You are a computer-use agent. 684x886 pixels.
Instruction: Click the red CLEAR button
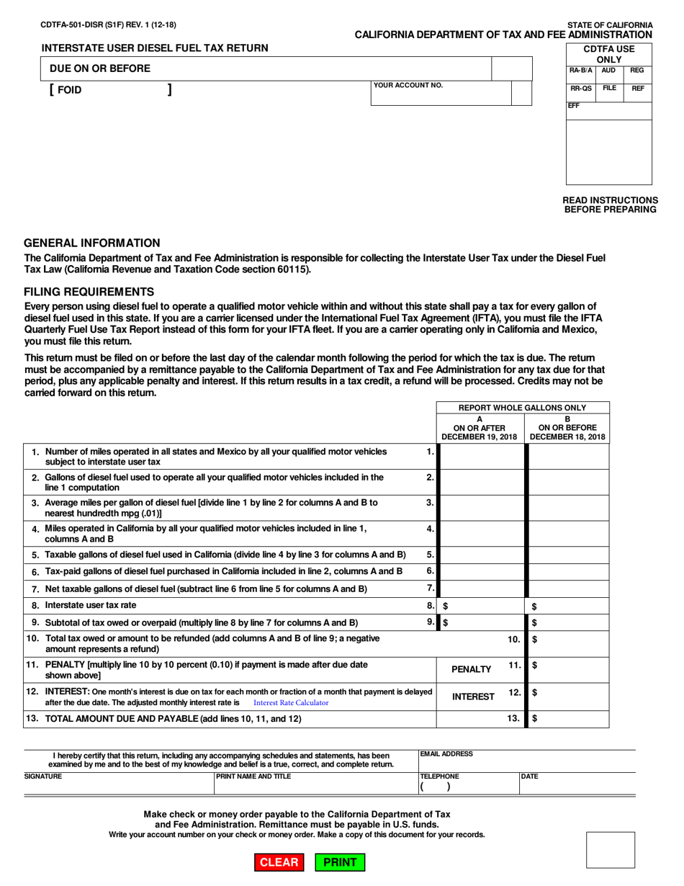pos(279,862)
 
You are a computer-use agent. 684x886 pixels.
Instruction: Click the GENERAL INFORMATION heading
pos(92,243)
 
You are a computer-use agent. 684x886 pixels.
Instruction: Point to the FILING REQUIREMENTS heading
pos(89,291)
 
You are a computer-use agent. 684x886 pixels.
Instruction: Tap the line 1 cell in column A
pos(482,457)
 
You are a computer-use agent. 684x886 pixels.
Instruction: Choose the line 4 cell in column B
pos(569,534)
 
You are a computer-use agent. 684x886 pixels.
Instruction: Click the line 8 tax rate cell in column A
pos(482,607)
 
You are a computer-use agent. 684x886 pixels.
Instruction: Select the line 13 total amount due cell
pos(569,718)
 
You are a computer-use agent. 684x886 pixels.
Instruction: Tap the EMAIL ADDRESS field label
pos(446,753)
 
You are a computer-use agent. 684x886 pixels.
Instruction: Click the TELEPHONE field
pos(468,787)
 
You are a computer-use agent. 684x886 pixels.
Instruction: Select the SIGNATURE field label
pos(43,777)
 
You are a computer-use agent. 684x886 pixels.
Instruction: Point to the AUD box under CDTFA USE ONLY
pos(608,71)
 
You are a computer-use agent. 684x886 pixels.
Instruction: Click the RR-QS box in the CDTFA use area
pos(581,89)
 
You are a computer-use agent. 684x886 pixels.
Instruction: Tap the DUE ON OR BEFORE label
pos(99,68)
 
